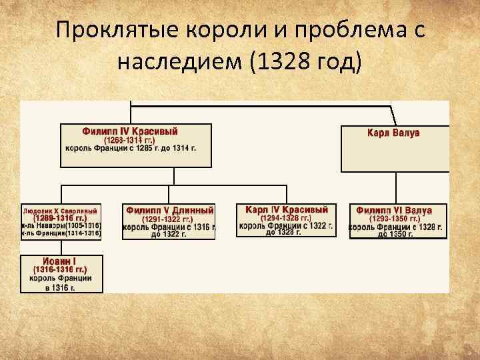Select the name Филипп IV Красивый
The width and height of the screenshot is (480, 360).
(x=130, y=131)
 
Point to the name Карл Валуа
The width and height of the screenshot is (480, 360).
(x=393, y=133)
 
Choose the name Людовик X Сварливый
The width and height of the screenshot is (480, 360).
(x=61, y=211)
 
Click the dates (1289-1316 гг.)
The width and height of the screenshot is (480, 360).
(x=61, y=218)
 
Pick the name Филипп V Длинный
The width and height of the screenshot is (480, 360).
(x=170, y=210)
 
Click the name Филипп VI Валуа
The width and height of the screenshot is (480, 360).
(x=394, y=210)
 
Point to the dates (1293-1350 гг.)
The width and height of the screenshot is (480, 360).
(x=394, y=219)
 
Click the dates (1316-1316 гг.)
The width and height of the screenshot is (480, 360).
(x=61, y=270)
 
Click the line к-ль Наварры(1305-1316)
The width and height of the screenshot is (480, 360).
(x=61, y=225)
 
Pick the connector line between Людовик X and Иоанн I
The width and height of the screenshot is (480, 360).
(x=61, y=247)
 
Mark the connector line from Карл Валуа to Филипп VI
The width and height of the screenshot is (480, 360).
(x=397, y=187)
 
